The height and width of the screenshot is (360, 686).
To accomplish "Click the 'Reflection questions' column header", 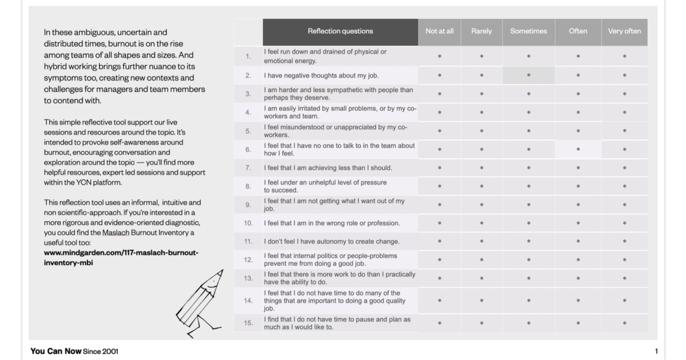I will [x=340, y=31].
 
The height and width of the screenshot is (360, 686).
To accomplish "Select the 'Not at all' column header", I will [x=439, y=31].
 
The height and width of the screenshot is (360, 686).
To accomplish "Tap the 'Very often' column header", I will [x=624, y=31].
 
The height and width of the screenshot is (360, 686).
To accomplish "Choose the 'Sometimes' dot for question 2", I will [x=528, y=75].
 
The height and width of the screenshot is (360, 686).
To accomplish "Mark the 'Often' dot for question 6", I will [x=578, y=149].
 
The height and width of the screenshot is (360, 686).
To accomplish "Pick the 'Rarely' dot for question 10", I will [x=481, y=223].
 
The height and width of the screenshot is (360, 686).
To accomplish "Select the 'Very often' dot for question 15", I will [x=624, y=323].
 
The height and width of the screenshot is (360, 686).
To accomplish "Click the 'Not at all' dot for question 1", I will [x=439, y=56].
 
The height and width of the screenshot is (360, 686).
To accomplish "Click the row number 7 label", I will [x=248, y=168].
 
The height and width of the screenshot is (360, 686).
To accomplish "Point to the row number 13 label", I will [x=248, y=278].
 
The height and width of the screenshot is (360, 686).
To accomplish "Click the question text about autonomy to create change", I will [x=332, y=241].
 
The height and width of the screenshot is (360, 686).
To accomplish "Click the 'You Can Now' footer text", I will [x=55, y=351].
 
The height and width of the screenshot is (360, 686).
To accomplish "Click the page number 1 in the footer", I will [x=656, y=351].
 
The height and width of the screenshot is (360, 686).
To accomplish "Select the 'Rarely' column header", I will [x=481, y=31].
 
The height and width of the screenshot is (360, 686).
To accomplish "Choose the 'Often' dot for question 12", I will [x=578, y=259].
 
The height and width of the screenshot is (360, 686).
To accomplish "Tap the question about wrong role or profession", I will [x=332, y=223].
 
